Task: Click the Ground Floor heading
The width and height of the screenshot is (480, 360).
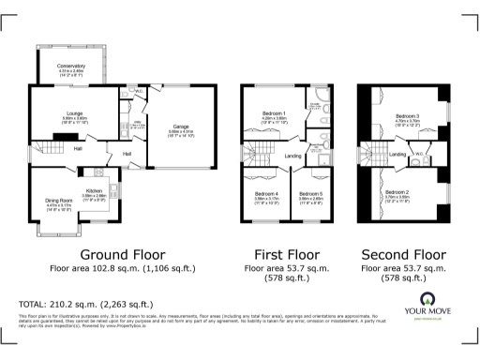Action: (x=122, y=254)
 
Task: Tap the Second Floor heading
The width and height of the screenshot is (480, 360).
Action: (x=404, y=254)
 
